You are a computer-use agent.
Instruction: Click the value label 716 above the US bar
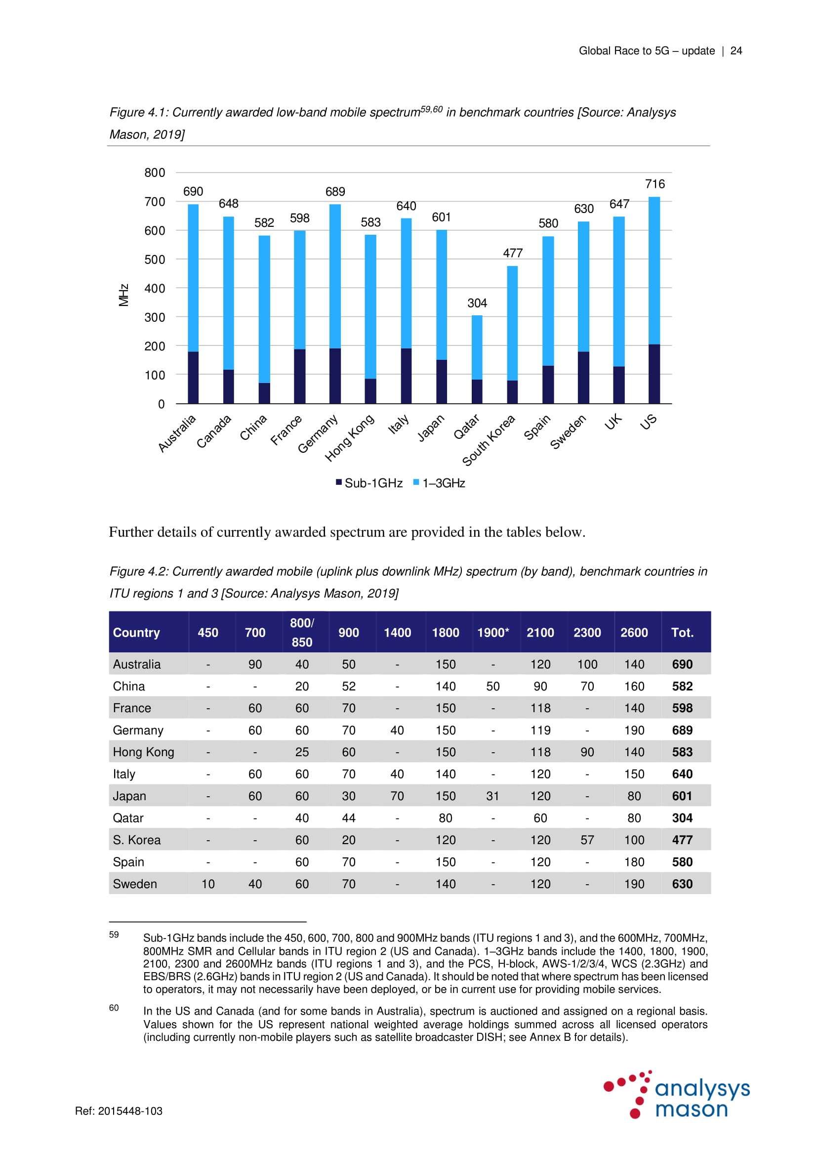pos(654,184)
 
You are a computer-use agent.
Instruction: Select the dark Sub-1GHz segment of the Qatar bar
pos(477,391)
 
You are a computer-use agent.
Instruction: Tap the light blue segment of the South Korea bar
pos(512,322)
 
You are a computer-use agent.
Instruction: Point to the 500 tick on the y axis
pos(155,260)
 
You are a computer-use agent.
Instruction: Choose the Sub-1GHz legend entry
pos(369,483)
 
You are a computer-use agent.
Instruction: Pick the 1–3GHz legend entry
pos(439,483)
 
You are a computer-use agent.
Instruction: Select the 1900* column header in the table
pos(493,633)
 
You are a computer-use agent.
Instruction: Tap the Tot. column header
pos(682,633)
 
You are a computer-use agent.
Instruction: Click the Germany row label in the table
pos(138,730)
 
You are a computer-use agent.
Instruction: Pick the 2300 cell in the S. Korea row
pos(587,840)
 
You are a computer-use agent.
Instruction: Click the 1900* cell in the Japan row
pos(493,796)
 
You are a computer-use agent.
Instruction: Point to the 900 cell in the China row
pos(349,686)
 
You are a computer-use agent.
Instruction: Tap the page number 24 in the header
pos(736,51)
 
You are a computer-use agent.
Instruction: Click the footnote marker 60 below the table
pos(114,1007)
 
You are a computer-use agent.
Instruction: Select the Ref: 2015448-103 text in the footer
pos(119,1111)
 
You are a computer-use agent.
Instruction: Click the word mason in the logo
pos(691,1109)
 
